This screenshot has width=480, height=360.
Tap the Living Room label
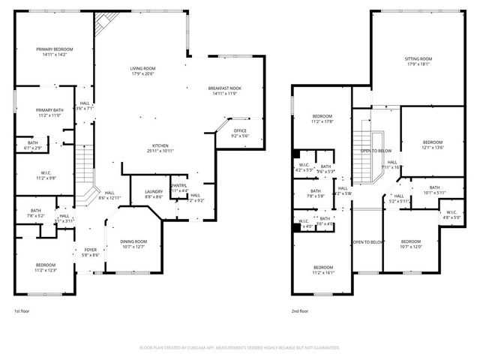[142, 70]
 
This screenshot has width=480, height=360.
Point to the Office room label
[239, 133]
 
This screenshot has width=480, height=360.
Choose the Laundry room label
[153, 194]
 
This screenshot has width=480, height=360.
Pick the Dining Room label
[134, 244]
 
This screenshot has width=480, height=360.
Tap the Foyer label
[90, 253]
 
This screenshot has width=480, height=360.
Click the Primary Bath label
[50, 113]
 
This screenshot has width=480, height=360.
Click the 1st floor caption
[22, 310]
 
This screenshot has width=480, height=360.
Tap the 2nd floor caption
[300, 310]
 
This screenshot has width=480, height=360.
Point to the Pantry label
[178, 187]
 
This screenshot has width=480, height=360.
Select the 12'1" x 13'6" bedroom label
[433, 145]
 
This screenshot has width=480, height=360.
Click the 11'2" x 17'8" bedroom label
[322, 118]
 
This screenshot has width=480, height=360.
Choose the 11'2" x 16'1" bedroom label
[323, 270]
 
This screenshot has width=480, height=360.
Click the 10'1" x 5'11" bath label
[434, 190]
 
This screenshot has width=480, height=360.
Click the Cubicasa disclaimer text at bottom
[240, 348]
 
